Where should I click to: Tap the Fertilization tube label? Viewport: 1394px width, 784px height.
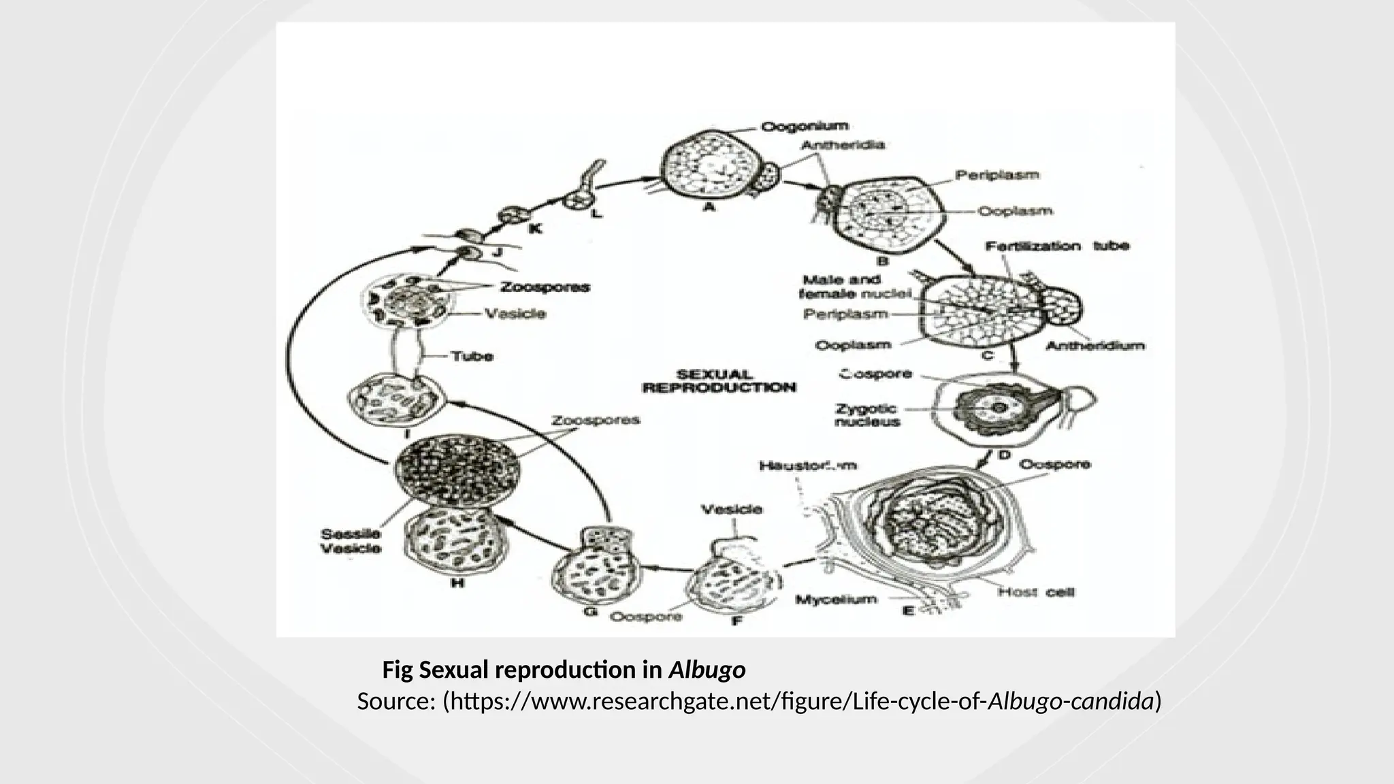[1057, 246]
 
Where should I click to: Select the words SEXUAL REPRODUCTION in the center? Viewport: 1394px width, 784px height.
[719, 381]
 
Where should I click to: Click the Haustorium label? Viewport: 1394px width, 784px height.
[807, 466]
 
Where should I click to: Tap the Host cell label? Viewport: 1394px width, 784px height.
[1036, 592]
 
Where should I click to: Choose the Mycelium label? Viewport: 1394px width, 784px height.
[836, 600]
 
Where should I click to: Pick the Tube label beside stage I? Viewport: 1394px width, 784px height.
[472, 356]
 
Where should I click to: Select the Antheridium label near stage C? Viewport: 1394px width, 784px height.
[1095, 346]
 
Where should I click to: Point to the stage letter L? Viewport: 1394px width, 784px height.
[596, 214]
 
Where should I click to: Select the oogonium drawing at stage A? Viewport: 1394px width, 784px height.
[709, 165]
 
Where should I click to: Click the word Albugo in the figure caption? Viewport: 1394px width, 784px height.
[707, 670]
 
